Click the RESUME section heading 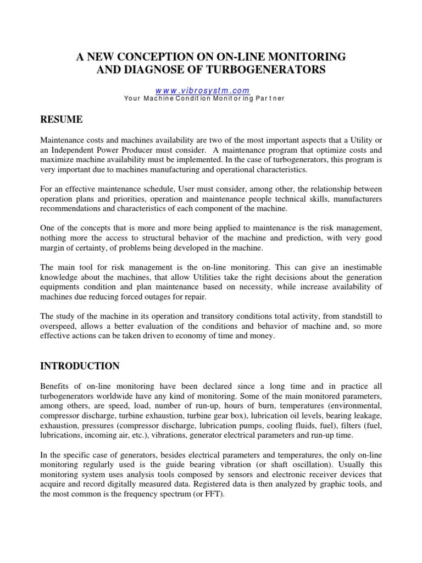[62, 119]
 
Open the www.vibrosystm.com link [202, 90]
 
